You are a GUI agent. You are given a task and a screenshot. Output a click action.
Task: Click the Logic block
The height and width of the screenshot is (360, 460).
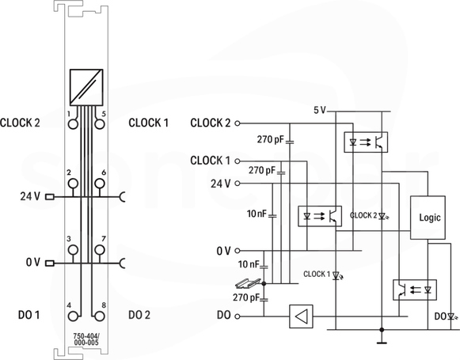(x=428, y=218)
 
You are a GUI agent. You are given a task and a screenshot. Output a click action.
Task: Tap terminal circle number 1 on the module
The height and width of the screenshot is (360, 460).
(x=73, y=123)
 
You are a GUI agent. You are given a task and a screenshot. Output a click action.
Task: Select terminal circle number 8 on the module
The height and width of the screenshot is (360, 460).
(x=100, y=316)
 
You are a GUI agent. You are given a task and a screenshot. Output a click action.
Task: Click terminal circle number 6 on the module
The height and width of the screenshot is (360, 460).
(x=100, y=184)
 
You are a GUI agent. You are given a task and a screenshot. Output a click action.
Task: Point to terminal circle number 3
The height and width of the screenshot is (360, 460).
(x=73, y=250)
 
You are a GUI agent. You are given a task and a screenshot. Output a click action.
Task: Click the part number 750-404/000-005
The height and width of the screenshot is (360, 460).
(x=86, y=339)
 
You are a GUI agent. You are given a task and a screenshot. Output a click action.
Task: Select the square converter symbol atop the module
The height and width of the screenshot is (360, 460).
(x=86, y=87)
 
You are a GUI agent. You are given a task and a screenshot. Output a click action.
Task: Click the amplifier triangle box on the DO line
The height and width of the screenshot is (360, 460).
(x=301, y=316)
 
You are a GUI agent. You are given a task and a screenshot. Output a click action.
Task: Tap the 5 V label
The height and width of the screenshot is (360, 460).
(x=320, y=110)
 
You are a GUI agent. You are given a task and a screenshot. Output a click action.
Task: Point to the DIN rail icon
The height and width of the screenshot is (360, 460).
(x=248, y=283)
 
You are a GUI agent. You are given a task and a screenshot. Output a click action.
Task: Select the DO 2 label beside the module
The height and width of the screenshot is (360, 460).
(x=139, y=315)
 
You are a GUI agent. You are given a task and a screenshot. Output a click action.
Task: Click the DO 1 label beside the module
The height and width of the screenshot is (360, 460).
(x=29, y=315)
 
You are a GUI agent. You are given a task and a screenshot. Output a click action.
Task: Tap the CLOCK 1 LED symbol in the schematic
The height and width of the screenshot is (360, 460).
(x=336, y=275)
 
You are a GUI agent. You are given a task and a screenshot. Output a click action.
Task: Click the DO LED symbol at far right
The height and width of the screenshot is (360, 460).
(x=452, y=316)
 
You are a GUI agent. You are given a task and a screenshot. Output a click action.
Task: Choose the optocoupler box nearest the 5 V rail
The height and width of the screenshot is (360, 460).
(x=366, y=142)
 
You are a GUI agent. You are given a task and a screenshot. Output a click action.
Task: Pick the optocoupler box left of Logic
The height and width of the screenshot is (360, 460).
(x=320, y=216)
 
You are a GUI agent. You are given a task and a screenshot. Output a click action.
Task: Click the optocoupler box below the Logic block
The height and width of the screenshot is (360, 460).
(x=415, y=290)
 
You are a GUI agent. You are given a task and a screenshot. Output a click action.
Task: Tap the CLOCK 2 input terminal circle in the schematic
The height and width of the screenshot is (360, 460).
(x=238, y=123)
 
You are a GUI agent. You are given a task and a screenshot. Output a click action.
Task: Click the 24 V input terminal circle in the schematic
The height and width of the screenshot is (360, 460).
(x=238, y=184)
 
